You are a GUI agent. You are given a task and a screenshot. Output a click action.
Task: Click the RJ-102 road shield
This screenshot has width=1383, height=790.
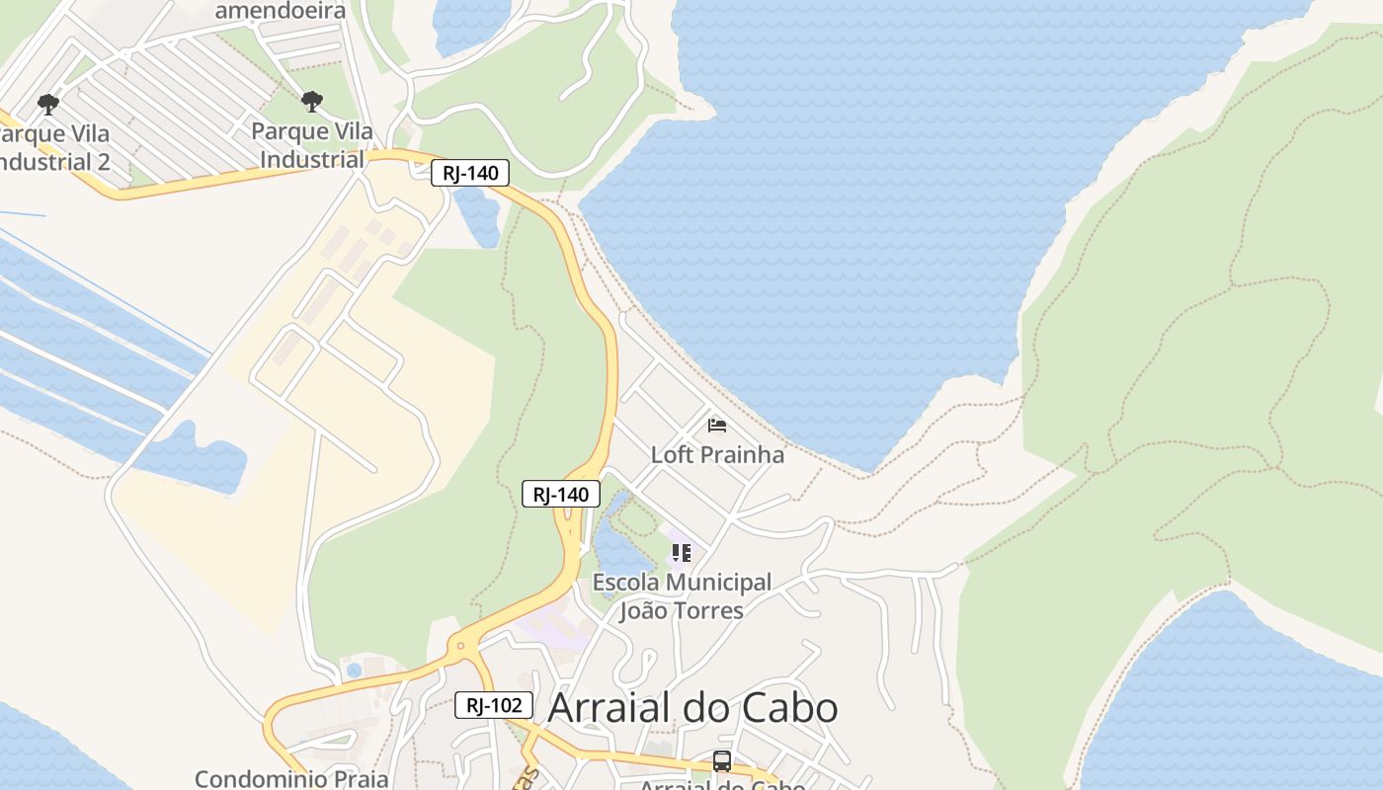[494, 705]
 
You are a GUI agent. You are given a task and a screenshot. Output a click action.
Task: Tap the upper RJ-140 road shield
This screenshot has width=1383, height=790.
[470, 174]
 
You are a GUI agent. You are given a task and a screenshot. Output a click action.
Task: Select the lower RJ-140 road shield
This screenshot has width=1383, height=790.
[560, 494]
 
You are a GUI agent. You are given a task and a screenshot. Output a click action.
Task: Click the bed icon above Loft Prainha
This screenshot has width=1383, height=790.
[717, 426]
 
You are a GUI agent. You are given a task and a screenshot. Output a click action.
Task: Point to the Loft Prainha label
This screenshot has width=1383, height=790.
[717, 454]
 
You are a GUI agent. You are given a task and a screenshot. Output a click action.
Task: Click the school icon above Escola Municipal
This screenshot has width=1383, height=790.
[681, 553]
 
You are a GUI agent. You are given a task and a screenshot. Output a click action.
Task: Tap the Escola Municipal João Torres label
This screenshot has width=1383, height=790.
[682, 596]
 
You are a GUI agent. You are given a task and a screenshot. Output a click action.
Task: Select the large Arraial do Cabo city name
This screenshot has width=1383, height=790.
[692, 708]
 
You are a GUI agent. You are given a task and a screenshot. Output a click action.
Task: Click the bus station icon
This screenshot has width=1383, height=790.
[722, 761]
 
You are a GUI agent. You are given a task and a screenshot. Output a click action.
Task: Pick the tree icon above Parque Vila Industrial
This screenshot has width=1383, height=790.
[312, 102]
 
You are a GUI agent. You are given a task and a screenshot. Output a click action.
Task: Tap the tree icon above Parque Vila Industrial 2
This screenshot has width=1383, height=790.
[47, 104]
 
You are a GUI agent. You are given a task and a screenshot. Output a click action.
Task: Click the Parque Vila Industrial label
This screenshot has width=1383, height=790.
[312, 145]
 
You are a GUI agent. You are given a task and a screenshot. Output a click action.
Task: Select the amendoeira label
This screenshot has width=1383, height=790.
[281, 11]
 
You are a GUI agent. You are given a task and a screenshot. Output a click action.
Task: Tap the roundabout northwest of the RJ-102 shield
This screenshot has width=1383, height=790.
[459, 648]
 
